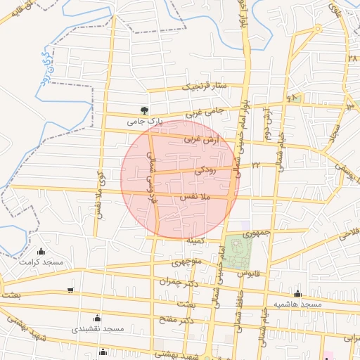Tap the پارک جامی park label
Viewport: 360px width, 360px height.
click(144, 121)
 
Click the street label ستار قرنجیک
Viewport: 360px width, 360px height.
click(205, 86)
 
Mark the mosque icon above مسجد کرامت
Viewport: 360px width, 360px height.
click(41, 252)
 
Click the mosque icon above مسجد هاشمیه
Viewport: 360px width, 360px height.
click(298, 294)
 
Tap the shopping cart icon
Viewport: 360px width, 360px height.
click(70, 290)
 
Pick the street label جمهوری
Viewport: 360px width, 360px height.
click(256, 231)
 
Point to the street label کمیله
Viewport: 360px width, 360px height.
click(195, 240)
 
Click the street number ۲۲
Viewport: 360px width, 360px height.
click(256, 165)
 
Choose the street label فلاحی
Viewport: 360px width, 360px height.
click(349, 231)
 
